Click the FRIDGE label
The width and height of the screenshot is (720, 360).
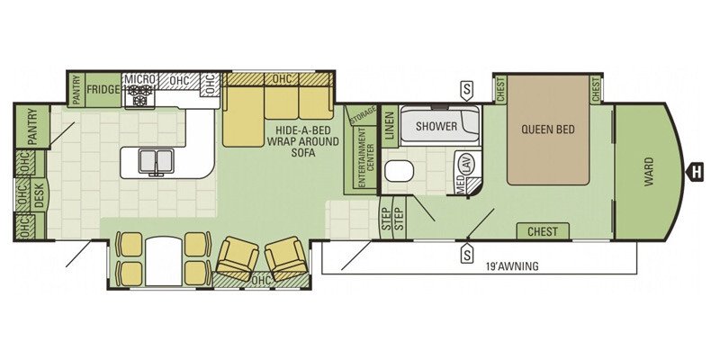click(x=103, y=89)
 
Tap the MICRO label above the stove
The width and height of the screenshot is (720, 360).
click(x=140, y=78)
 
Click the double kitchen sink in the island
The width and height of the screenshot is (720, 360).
click(x=156, y=161)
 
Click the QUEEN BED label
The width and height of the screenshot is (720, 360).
click(x=548, y=129)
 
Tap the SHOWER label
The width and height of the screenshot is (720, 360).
click(x=436, y=126)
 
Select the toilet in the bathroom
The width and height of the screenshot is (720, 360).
click(x=399, y=172)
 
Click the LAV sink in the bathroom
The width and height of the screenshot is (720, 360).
click(x=468, y=164)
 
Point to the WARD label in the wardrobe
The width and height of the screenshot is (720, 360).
click(x=648, y=171)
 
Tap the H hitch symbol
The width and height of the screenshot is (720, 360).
click(x=695, y=173)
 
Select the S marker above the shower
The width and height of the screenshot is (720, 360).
click(x=466, y=91)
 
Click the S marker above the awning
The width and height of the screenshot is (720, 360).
click(x=467, y=253)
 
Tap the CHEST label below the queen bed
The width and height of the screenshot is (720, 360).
click(x=543, y=231)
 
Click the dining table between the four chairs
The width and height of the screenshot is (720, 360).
click(x=164, y=260)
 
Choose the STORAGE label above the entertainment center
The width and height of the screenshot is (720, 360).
click(x=363, y=116)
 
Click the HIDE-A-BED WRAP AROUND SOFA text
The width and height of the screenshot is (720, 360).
click(x=303, y=141)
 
